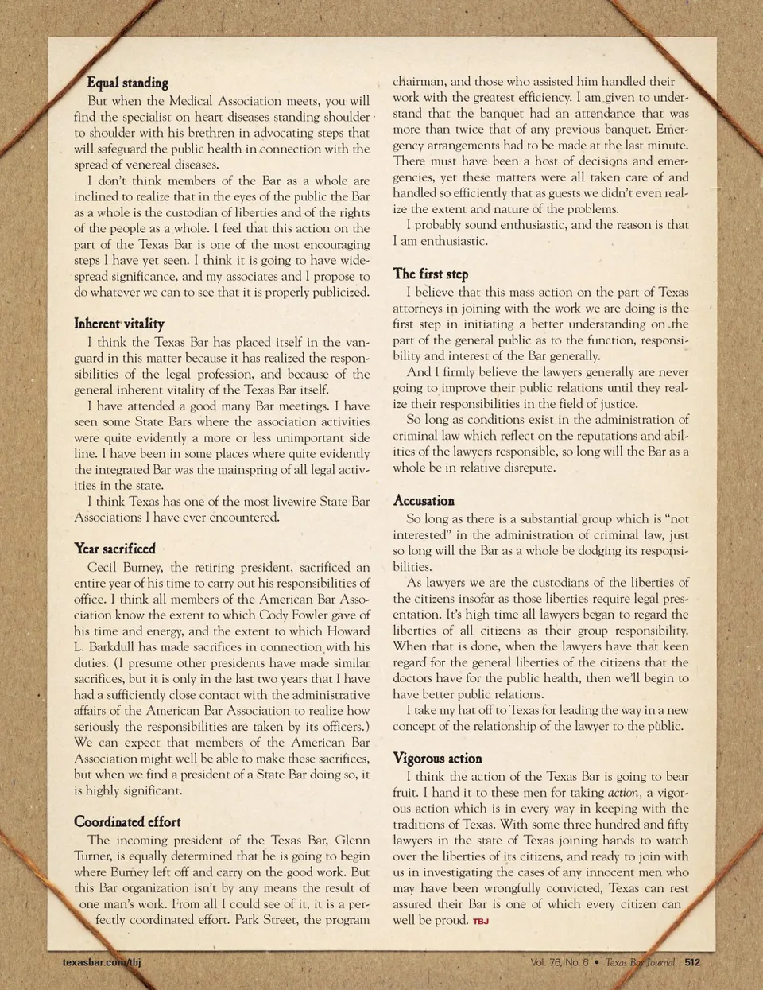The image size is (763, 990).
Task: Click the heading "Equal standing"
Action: pos(127,83)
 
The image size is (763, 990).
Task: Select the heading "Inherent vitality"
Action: pos(119,324)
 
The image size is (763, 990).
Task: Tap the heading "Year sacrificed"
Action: pos(114,549)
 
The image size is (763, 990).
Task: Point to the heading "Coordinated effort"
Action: pos(127,822)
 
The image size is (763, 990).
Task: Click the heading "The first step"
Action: pos(431,274)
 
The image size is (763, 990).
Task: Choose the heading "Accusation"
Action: pos(424,501)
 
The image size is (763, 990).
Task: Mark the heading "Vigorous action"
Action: pos(437,759)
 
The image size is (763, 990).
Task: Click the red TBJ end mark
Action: pos(481,922)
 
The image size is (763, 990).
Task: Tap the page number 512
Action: pos(692,962)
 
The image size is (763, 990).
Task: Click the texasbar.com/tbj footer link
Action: pos(102,962)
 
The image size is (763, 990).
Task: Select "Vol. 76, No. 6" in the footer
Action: pos(560,962)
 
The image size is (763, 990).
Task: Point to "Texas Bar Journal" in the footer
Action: pos(640,962)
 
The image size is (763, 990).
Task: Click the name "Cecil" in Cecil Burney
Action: pos(102,568)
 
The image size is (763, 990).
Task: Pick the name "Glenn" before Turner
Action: pos(352,841)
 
